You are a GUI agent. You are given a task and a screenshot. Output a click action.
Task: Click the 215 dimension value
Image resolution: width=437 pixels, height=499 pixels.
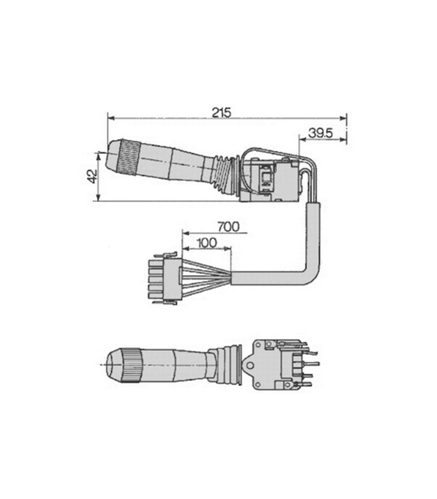pyautogui.click(x=221, y=113)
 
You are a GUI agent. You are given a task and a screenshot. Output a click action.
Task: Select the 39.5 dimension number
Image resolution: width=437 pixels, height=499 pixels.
pyautogui.click(x=320, y=133)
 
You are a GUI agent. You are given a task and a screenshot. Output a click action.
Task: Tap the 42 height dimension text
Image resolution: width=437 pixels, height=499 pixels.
pyautogui.click(x=92, y=176)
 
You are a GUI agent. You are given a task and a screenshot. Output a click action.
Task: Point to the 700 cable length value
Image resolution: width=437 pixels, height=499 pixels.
pyautogui.click(x=228, y=227)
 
